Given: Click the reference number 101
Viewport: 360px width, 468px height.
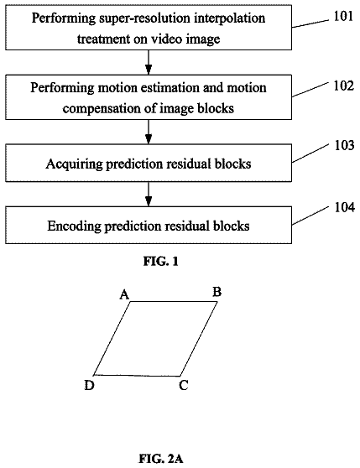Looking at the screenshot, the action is click(343, 16).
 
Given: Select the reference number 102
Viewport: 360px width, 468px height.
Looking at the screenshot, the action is click(343, 86).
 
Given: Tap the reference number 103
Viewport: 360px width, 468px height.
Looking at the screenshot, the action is click(345, 145).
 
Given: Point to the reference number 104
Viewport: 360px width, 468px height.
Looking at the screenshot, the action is click(345, 207).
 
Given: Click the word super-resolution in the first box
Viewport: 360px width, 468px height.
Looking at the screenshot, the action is click(144, 18).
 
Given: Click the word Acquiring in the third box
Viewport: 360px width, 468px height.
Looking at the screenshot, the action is click(75, 164).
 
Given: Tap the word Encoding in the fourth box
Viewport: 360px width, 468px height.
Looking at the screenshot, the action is click(75, 226).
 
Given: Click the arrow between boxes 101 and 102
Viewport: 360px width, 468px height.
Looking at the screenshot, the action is click(149, 62).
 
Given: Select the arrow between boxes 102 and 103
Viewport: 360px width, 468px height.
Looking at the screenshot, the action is click(149, 132).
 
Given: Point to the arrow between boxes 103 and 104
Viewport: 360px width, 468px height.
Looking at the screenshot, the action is click(149, 194).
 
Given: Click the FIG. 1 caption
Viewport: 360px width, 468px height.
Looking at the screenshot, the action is click(160, 262).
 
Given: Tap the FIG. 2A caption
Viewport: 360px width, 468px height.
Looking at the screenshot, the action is click(161, 459).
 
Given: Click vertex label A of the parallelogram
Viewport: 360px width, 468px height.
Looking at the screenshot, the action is click(124, 294).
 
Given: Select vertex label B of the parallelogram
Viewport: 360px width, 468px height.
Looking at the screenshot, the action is click(217, 292).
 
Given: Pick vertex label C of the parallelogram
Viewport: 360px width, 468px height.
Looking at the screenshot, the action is click(184, 385).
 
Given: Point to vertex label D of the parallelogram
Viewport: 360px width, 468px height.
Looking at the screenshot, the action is click(89, 385).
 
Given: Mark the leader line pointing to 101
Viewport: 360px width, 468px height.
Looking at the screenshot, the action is click(310, 23).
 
